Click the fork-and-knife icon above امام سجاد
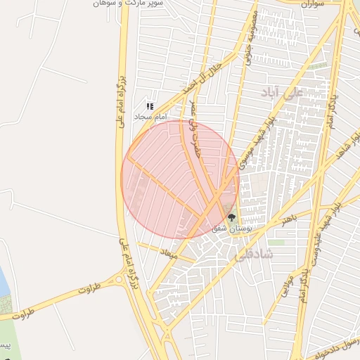150,106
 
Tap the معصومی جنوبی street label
251,39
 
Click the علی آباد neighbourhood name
281,92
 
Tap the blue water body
4,285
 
